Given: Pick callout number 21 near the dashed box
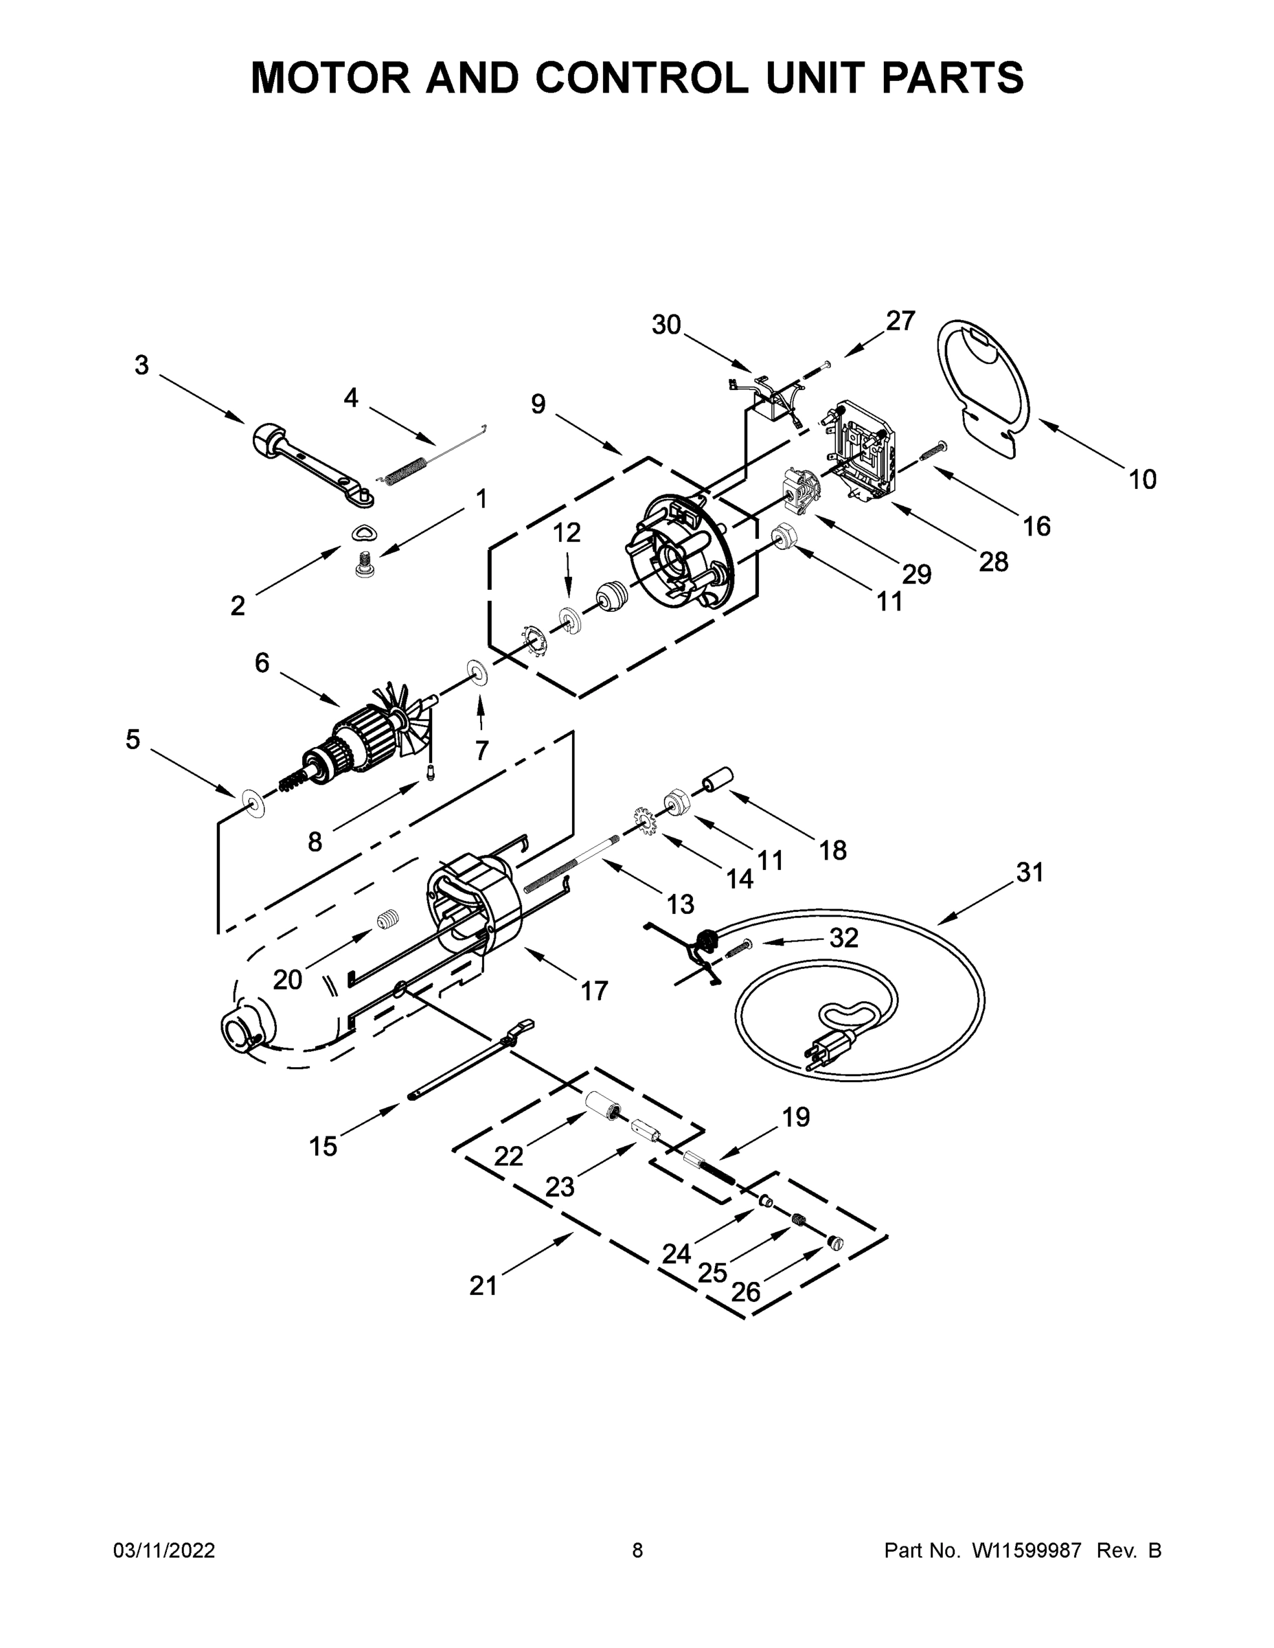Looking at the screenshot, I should point(483,1285).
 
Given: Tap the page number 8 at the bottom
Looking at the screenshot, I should point(637,1550).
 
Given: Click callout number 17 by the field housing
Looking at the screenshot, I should point(594,990).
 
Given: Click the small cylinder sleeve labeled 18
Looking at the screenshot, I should point(719,778).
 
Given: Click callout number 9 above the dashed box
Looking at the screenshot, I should point(537,404).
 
